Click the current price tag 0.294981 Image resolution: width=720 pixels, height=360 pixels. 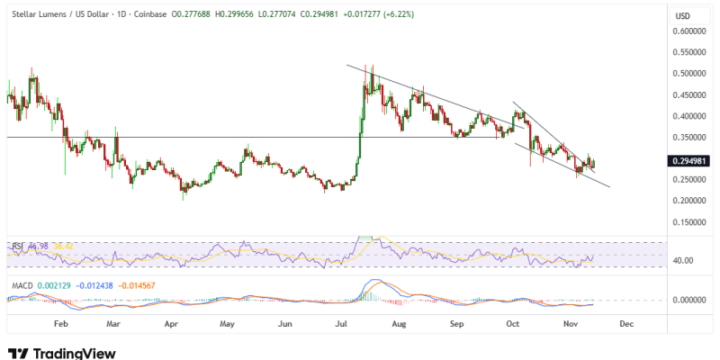(x=690, y=161)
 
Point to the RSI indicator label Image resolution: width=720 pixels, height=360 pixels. (x=16, y=245)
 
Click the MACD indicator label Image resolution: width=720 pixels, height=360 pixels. (x=22, y=286)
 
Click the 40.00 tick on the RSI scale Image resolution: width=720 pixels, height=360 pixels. (x=685, y=261)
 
